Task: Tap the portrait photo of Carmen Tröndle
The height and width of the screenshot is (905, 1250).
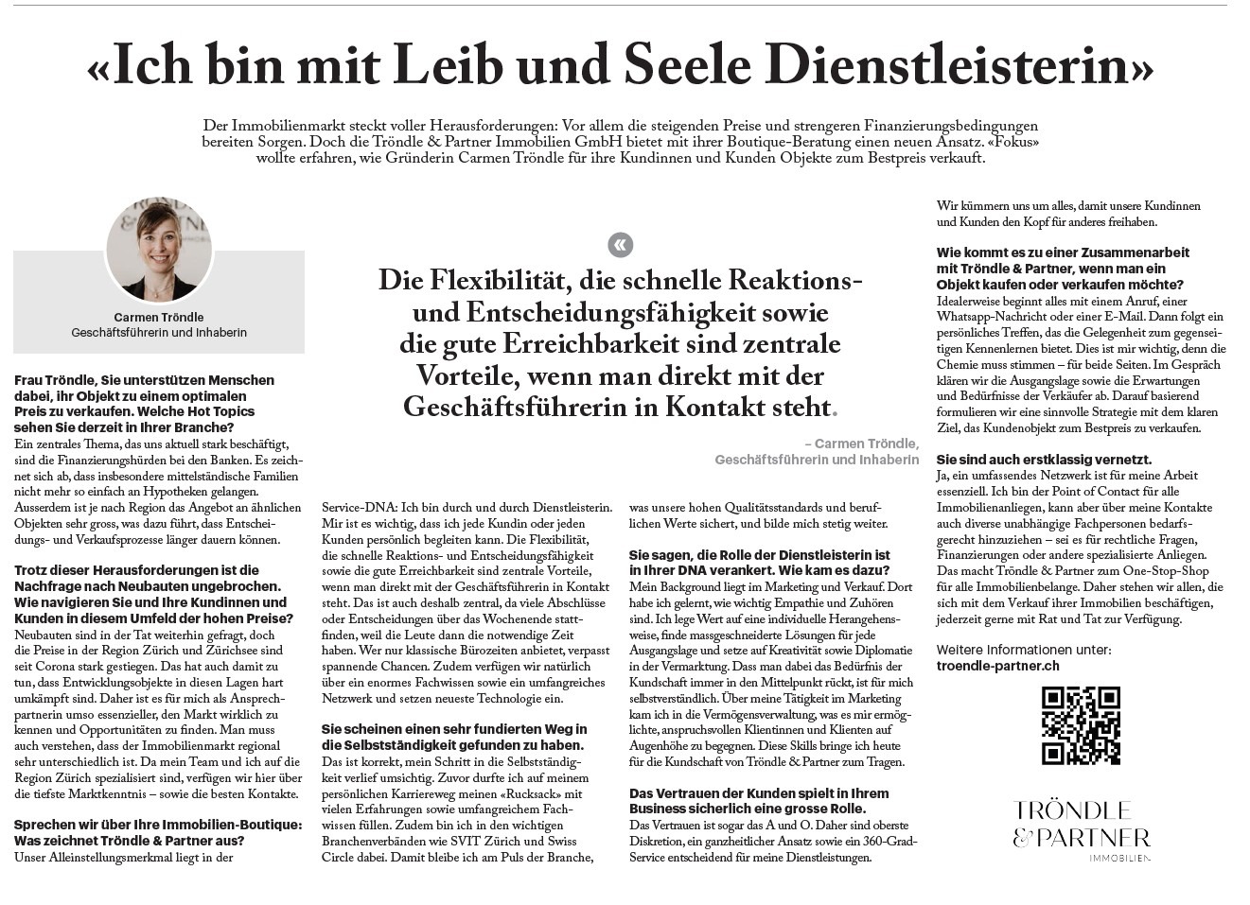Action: (x=159, y=249)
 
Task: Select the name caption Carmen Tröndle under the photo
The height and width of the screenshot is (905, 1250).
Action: (x=159, y=318)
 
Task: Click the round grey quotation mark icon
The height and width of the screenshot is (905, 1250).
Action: (x=620, y=246)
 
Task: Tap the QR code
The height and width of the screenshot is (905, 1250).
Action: (x=1081, y=725)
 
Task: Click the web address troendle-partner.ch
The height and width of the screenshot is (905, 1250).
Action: (x=997, y=666)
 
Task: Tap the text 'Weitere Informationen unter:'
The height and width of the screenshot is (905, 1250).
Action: (x=1024, y=650)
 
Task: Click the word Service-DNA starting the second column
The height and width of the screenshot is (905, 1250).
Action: (x=359, y=508)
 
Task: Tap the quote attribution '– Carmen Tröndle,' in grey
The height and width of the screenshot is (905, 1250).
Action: (x=861, y=444)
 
